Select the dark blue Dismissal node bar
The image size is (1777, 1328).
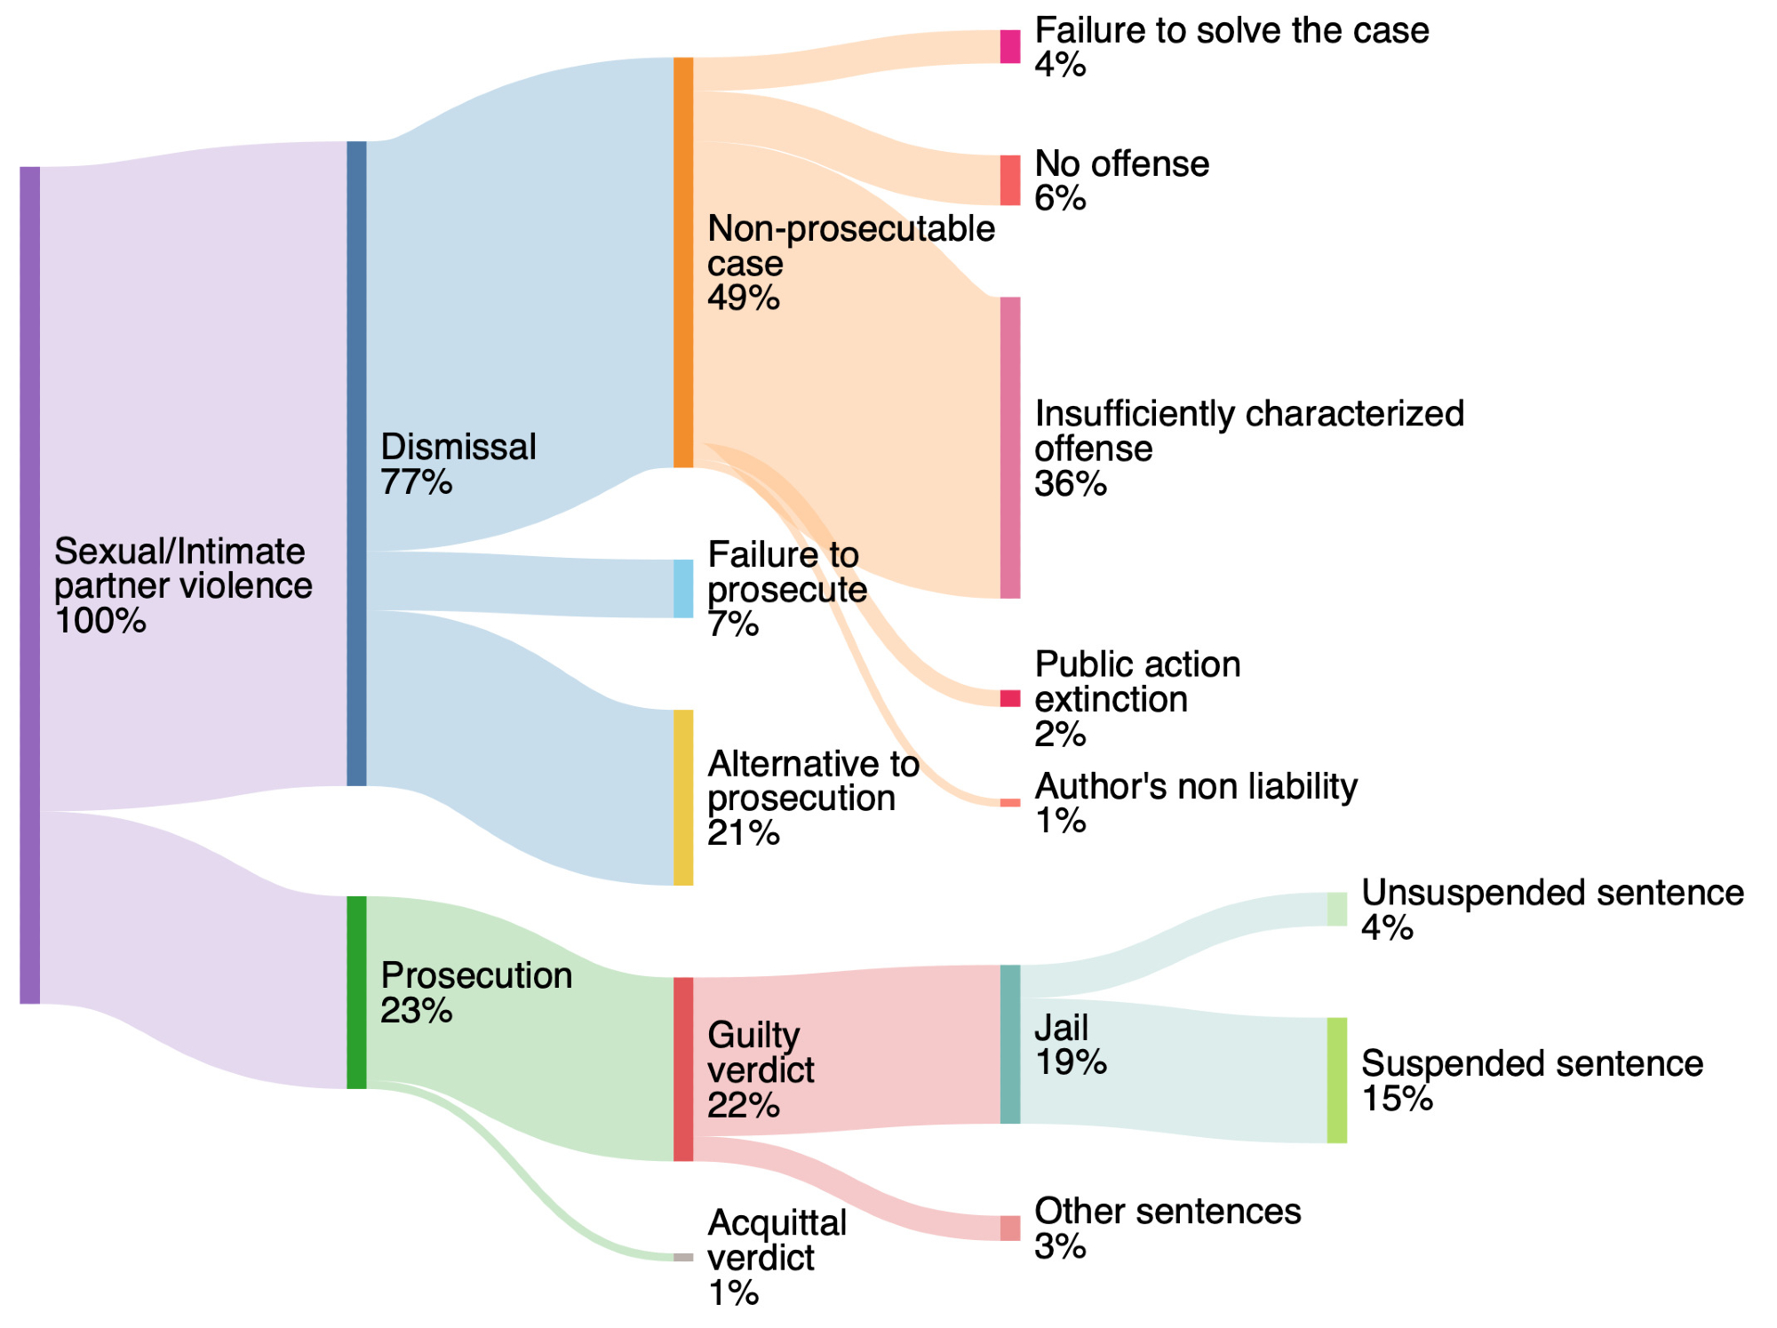355,463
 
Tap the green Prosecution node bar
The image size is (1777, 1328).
355,991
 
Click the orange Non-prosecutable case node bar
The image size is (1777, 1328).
682,262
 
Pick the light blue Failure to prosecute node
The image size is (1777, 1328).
682,588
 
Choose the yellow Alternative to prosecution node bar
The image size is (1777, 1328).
682,797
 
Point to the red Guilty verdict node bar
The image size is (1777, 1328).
682,1069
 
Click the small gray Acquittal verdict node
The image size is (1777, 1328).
682,1257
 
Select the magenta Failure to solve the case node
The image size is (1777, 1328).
1010,46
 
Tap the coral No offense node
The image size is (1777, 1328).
1010,180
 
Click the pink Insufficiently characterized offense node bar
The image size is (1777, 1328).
1010,448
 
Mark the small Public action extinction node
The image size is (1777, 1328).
1010,698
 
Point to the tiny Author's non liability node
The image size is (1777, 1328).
1010,803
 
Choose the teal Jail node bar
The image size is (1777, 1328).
1010,1044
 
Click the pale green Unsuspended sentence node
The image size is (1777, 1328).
1336,910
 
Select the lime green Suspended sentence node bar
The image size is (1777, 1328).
1336,1080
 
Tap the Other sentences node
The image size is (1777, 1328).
1010,1228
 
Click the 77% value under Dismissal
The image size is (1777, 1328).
416,482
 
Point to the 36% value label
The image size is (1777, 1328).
1071,484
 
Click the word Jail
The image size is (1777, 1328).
1061,1028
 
